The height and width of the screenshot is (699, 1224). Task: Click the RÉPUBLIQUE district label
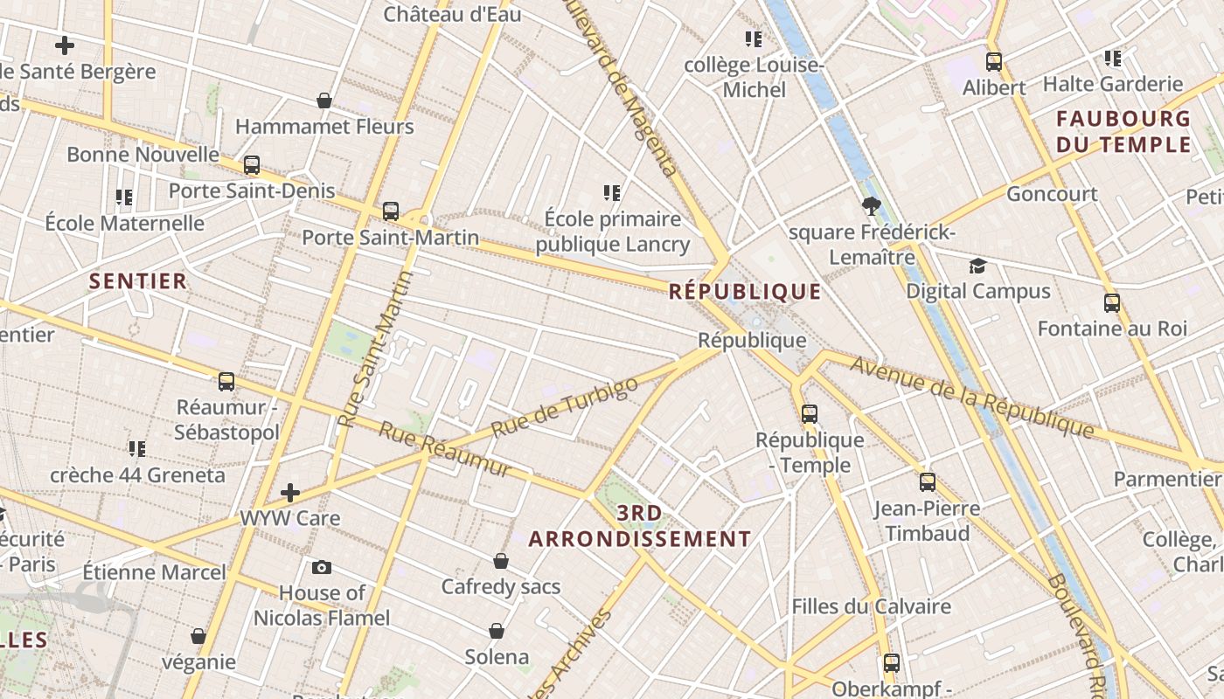coord(745,291)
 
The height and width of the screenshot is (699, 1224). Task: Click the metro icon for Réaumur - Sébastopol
coord(226,381)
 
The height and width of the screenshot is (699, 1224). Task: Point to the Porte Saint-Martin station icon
coord(391,211)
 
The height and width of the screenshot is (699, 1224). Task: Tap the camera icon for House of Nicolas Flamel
coord(322,567)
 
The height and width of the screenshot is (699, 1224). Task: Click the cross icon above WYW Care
coord(290,493)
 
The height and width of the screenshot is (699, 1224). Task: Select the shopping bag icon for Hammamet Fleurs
coord(324,100)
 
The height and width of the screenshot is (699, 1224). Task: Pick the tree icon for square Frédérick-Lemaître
coord(871,206)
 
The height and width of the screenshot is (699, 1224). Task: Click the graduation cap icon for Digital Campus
coord(977,266)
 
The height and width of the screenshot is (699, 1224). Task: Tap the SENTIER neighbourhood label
coord(138,280)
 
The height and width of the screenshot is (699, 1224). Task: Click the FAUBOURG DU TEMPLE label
coord(1123,131)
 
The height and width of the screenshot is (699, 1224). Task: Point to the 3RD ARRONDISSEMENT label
coord(640,525)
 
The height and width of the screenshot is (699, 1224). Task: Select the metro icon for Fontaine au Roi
coord(1112,303)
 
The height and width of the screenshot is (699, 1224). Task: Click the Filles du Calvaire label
coord(871,606)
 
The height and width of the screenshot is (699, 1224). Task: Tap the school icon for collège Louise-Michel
coord(754,38)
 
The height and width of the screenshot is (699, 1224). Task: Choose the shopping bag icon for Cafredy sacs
coord(501,560)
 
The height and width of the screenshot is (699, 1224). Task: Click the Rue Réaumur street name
coord(444,449)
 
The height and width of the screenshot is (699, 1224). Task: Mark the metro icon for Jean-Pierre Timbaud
coord(927,481)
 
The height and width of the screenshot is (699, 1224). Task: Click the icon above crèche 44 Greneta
coord(137,449)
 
